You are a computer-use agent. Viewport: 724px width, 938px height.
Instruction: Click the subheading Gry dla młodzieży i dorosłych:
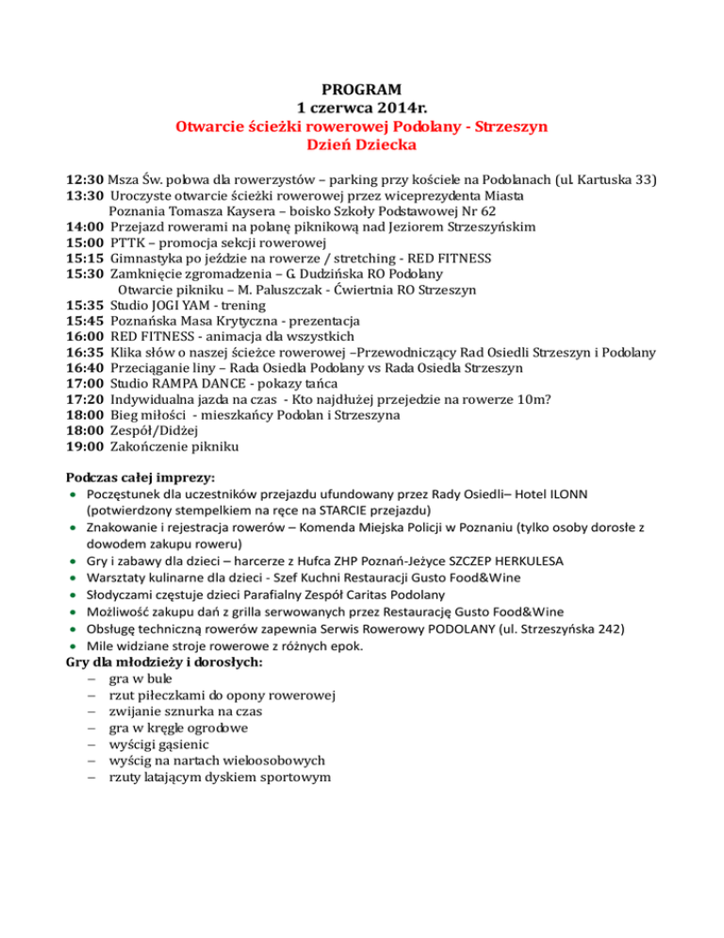[163, 663]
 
